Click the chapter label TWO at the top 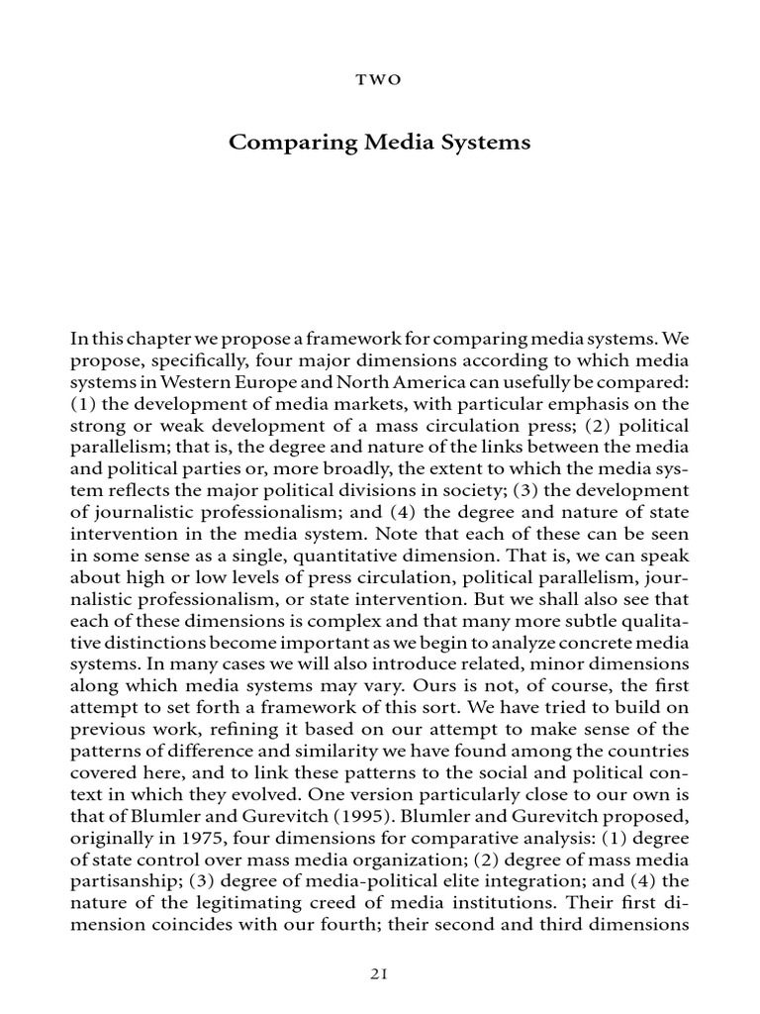point(380,80)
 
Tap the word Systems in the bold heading point(486,143)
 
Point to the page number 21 point(380,974)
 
